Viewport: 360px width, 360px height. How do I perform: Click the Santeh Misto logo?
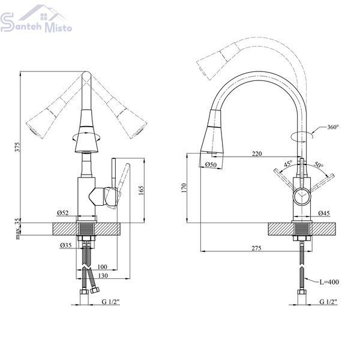(x=36, y=19)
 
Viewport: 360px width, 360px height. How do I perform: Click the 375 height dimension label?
(x=17, y=147)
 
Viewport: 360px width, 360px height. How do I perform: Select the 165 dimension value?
(x=141, y=191)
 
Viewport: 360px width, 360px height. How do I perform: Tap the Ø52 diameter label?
(x=62, y=213)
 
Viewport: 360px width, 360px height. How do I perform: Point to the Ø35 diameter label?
(x=66, y=245)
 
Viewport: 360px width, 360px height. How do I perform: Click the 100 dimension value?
(x=102, y=267)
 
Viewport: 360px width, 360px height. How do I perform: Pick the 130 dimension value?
(x=103, y=275)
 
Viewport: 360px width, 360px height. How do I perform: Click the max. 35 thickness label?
(x=17, y=229)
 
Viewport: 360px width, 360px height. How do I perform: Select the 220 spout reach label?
(x=257, y=154)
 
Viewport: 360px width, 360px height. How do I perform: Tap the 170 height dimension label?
(x=184, y=188)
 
